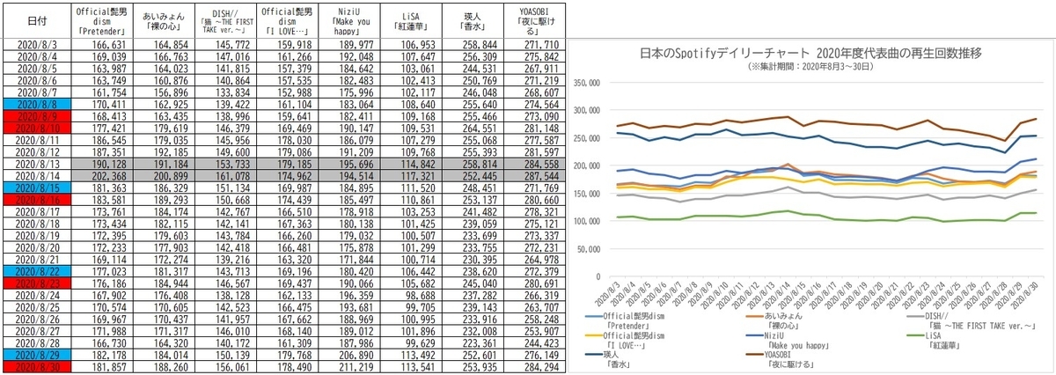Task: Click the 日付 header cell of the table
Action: coord(33,19)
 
